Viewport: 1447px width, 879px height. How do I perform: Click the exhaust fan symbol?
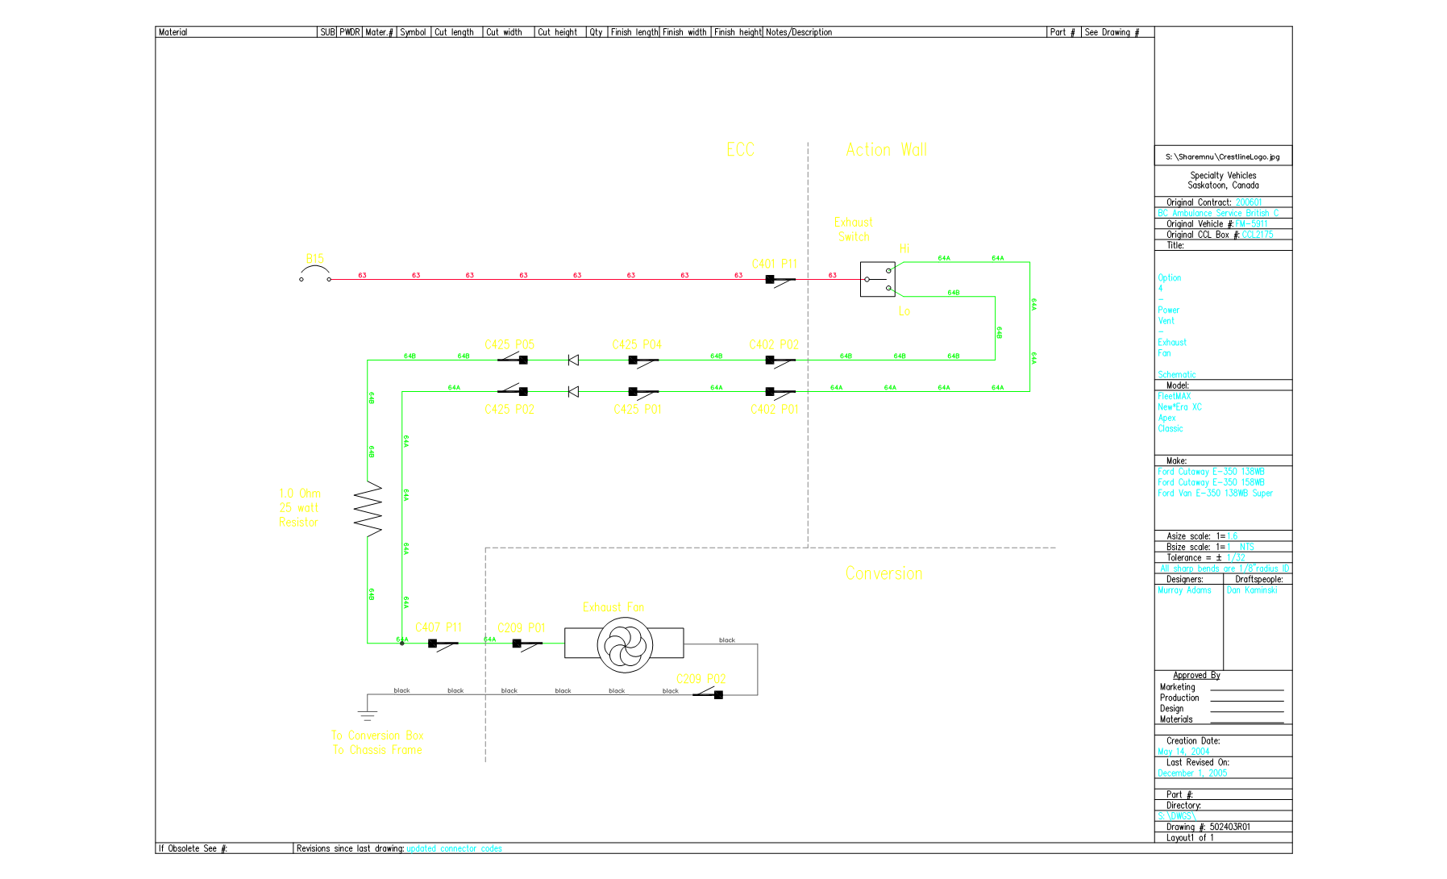623,644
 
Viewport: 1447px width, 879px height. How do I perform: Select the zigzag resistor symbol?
368,509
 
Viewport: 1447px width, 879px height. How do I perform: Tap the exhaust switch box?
877,279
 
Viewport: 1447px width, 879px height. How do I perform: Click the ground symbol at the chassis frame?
368,714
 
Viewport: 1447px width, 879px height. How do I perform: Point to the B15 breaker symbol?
315,278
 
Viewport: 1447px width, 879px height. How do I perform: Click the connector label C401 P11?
774,264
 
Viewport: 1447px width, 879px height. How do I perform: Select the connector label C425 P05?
509,344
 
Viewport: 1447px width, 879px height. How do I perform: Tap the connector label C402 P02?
774,344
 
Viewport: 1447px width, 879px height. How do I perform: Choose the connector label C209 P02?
701,679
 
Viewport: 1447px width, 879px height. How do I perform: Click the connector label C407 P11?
439,627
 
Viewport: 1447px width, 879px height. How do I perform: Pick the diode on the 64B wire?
573,360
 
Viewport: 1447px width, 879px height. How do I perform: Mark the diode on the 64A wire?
573,391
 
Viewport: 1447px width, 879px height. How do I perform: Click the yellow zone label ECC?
740,150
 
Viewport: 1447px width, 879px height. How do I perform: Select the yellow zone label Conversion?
884,573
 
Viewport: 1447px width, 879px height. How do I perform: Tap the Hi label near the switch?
904,248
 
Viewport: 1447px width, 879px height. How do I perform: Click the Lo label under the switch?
904,311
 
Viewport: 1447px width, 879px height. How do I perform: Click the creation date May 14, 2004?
1183,752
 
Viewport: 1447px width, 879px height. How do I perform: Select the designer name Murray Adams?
1184,590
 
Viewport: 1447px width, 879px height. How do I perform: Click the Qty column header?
596,32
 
